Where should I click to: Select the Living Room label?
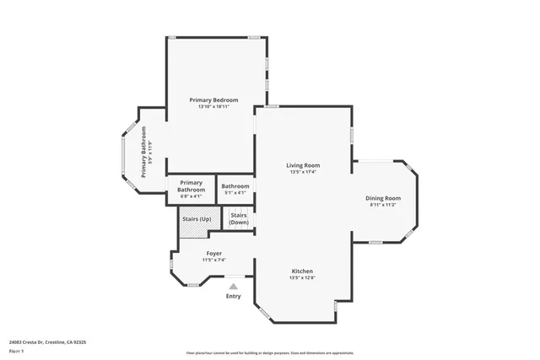click(303, 165)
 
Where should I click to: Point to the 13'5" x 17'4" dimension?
click(303, 172)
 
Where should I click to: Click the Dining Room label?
click(383, 197)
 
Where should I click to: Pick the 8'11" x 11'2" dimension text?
click(383, 205)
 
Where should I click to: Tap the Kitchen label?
click(302, 271)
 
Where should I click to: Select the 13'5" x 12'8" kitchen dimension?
click(302, 277)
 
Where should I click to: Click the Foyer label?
click(214, 253)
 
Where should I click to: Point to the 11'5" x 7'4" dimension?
click(214, 260)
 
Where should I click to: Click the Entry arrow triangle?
click(234, 286)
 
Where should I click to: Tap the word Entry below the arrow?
click(234, 296)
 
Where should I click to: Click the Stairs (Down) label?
click(239, 218)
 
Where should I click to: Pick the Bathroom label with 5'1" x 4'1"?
click(235, 186)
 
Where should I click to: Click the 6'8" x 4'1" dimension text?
click(192, 197)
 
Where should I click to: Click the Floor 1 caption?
click(16, 350)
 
